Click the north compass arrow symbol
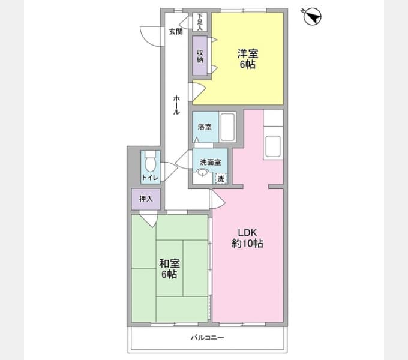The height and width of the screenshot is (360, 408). coord(312,17)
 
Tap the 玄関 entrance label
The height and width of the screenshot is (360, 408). coord(176,32)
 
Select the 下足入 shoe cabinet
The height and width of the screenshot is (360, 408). coord(200,22)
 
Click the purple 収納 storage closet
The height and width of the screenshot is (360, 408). coord(200,56)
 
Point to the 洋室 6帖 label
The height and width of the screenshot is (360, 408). coord(247,59)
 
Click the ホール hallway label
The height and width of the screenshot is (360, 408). coord(176,105)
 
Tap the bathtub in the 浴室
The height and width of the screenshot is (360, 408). coord(227,127)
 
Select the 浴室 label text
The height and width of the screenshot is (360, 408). coord(205,127)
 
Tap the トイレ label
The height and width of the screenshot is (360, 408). coord(150,178)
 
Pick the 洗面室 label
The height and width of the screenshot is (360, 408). coord(210,163)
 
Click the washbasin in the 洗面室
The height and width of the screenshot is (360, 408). coord(202,173)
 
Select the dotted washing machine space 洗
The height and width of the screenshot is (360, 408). coord(221,179)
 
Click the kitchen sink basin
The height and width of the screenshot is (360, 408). coord(273,146)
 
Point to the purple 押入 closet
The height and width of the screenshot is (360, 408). coord(146,199)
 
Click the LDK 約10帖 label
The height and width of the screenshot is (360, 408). coord(247,238)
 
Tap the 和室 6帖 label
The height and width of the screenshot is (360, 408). coord(169,269)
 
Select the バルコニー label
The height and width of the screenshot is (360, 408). coord(208,338)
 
